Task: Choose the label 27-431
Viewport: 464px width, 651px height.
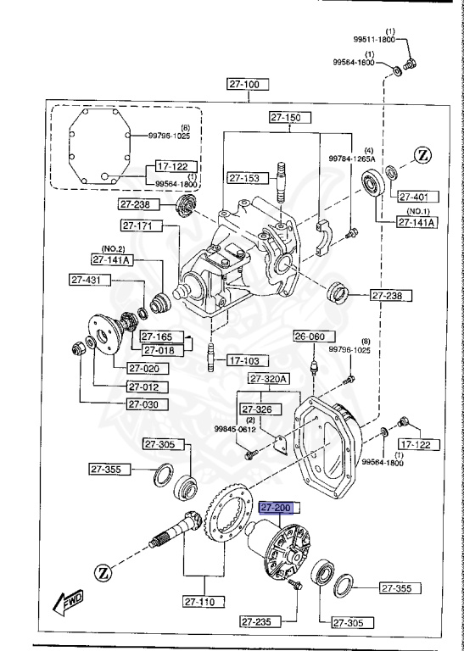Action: pyautogui.click(x=87, y=280)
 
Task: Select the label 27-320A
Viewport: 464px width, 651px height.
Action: pyautogui.click(x=270, y=378)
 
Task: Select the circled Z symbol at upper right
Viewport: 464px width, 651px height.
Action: pyautogui.click(x=423, y=155)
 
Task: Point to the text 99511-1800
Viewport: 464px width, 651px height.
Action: pyautogui.click(x=375, y=39)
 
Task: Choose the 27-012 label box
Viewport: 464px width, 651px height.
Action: pyautogui.click(x=148, y=387)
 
